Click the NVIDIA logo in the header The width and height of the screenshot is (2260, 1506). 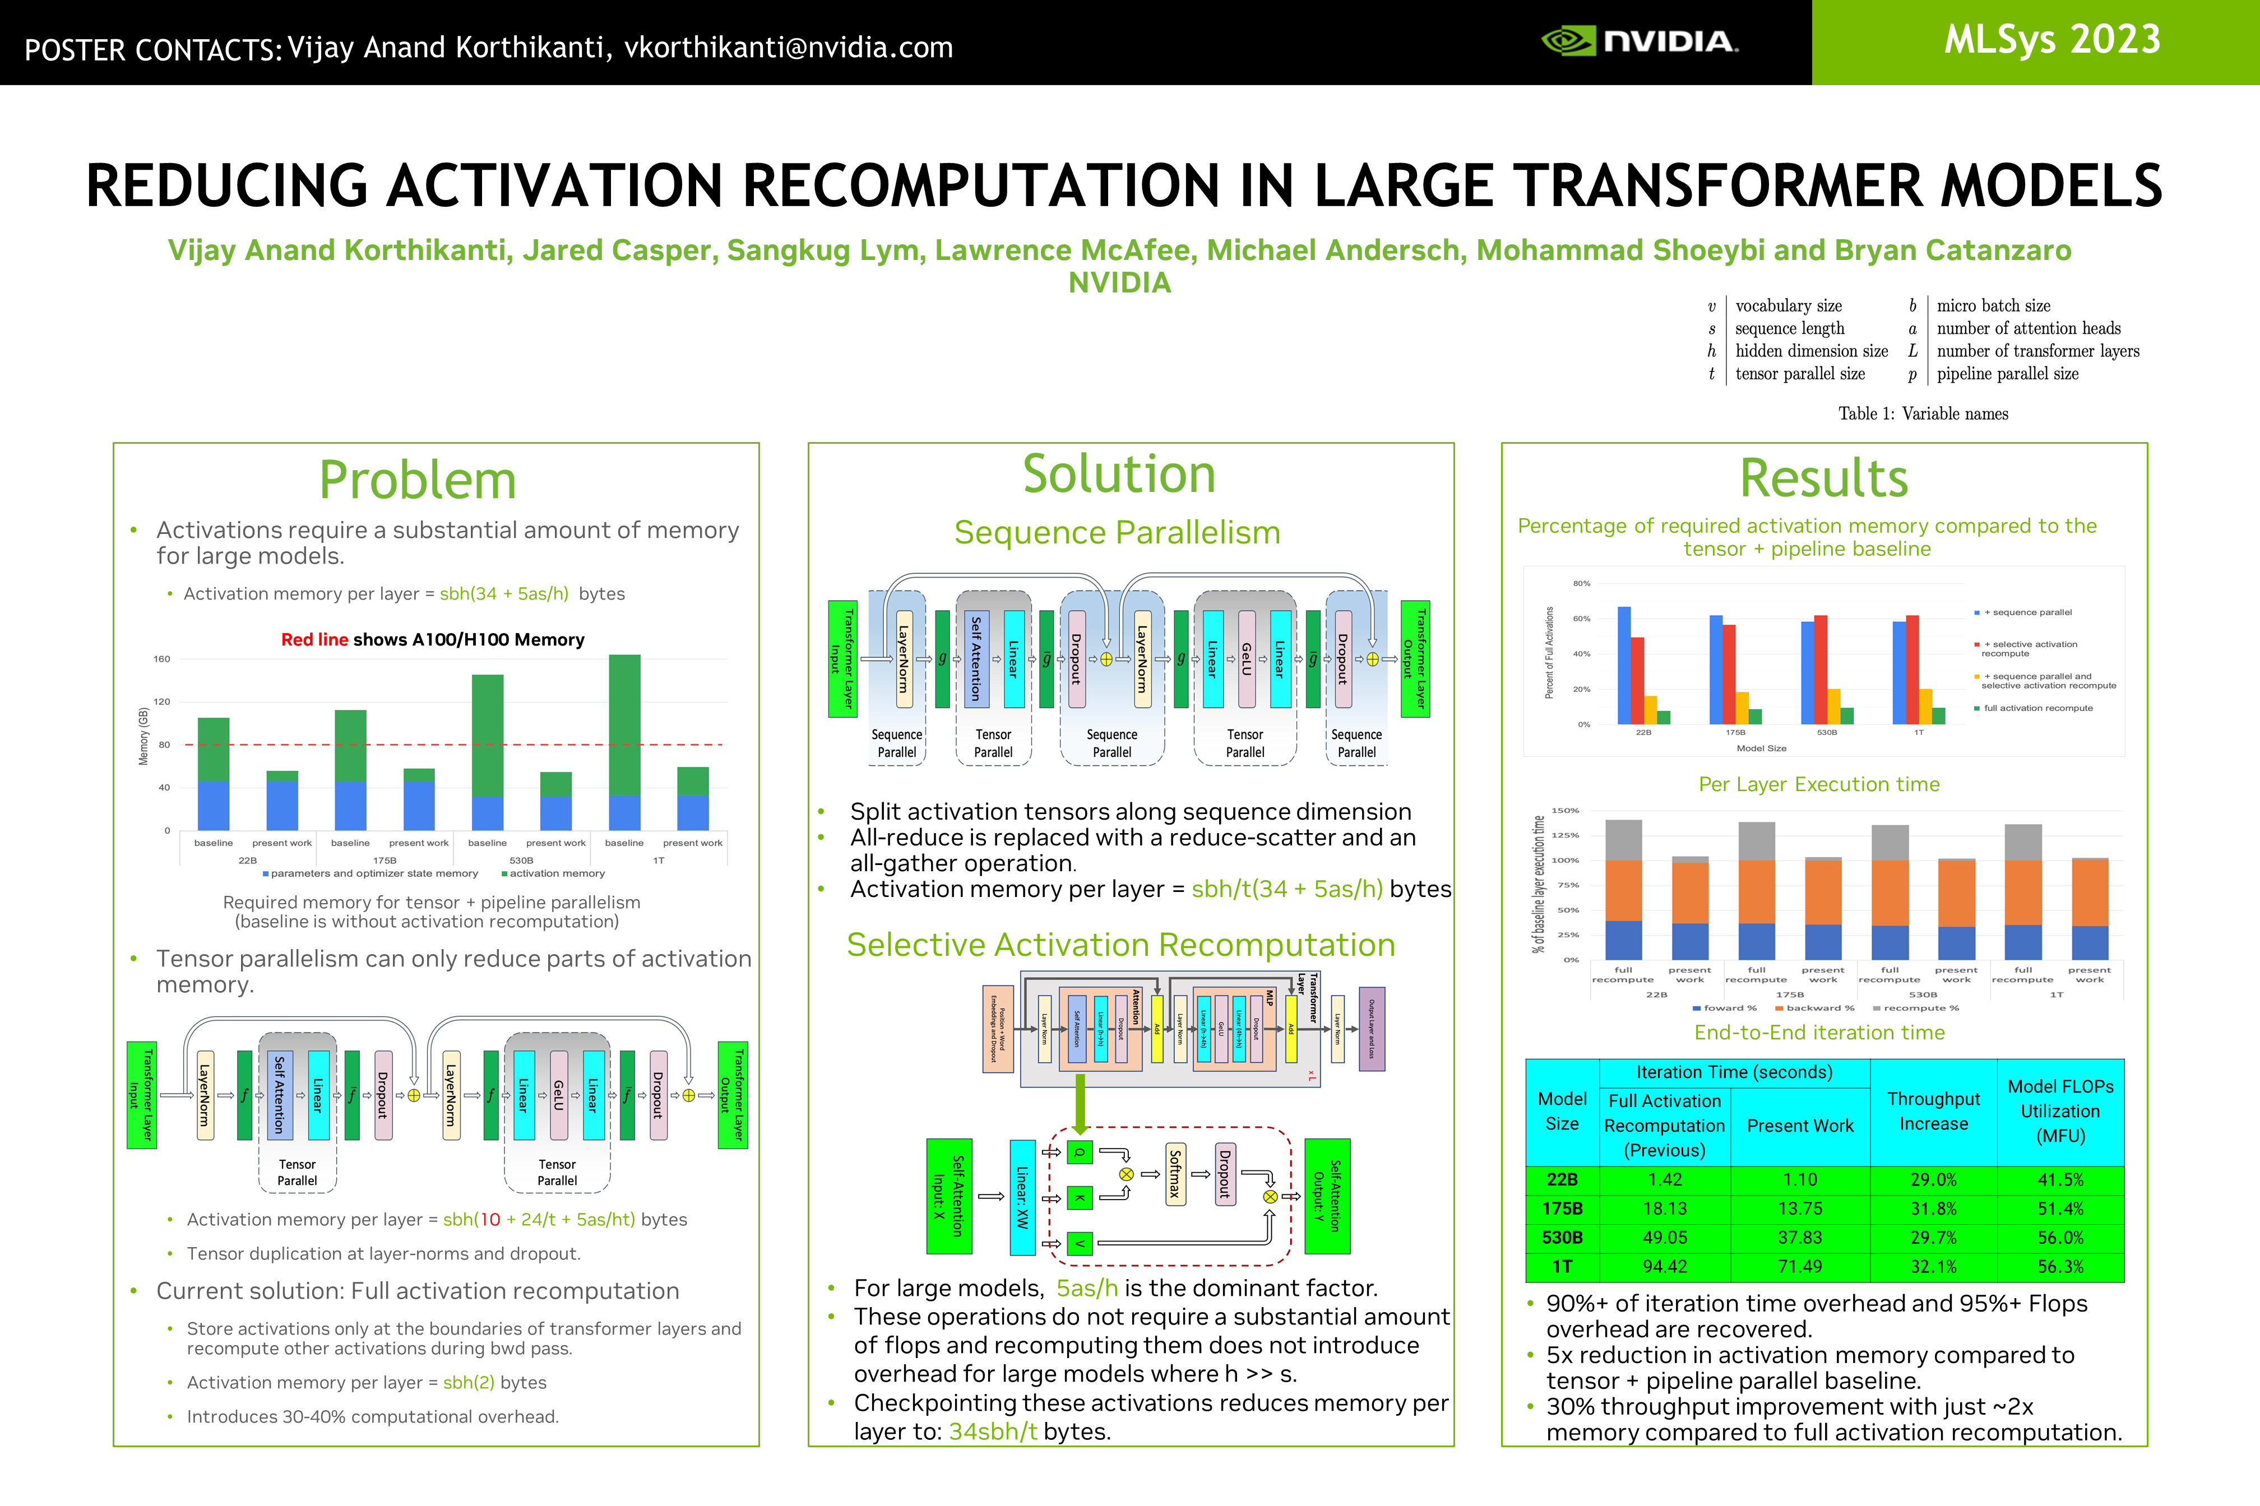click(1640, 41)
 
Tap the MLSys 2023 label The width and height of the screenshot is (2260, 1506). click(2051, 40)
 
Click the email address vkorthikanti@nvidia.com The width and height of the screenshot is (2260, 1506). click(788, 47)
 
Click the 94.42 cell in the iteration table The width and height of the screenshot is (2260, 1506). click(1664, 1267)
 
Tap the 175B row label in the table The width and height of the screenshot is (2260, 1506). click(1562, 1208)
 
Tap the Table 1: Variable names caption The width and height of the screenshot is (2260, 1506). click(1923, 414)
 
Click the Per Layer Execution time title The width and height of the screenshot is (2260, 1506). click(1819, 785)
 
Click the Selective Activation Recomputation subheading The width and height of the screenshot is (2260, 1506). click(1120, 945)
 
